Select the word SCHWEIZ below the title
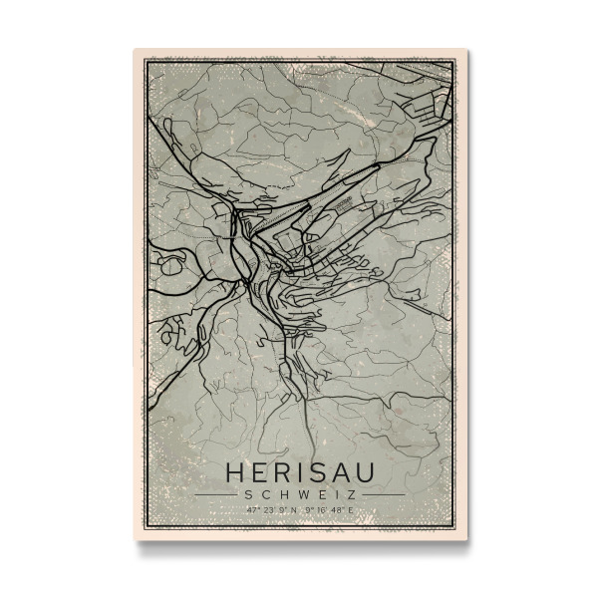point(299,493)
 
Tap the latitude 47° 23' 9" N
point(270,510)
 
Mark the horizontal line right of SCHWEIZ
point(383,493)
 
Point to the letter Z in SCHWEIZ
point(352,493)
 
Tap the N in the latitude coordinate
point(294,510)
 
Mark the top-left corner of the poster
point(134,48)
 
